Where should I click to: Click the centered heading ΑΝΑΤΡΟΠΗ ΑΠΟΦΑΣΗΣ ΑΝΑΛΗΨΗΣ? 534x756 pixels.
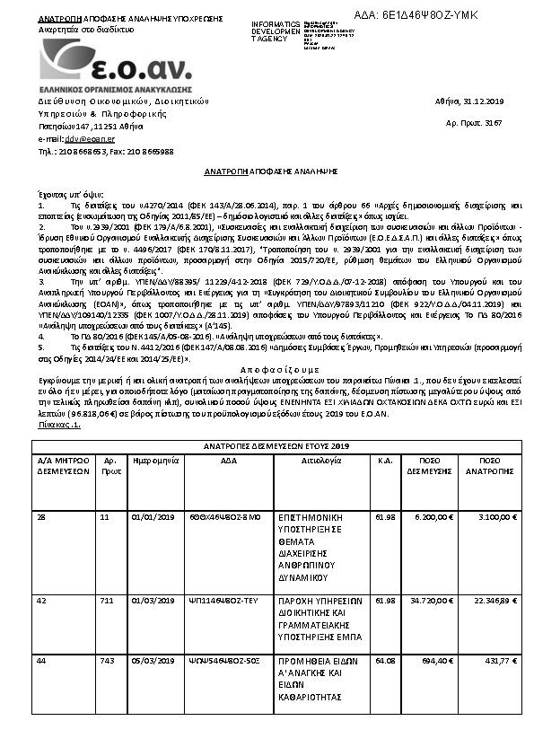[x=267, y=170]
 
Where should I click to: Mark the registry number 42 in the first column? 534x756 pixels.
[x=41, y=599]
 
